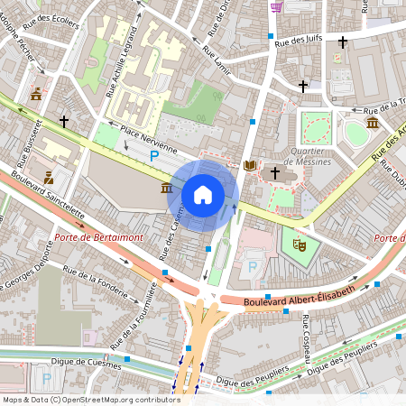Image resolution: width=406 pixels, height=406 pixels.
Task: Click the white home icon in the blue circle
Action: tap(203, 195)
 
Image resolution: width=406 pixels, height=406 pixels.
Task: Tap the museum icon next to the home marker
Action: tap(167, 188)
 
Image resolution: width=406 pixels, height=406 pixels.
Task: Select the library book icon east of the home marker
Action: tap(249, 166)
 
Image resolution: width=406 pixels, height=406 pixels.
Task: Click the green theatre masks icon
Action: tap(294, 243)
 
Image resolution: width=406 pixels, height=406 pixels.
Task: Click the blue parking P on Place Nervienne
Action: tap(154, 156)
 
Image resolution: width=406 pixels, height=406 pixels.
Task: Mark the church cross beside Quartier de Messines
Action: tap(275, 171)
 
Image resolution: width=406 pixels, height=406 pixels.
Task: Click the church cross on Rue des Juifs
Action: tap(343, 42)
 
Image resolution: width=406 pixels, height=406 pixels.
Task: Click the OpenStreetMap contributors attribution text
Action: tap(90, 400)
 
